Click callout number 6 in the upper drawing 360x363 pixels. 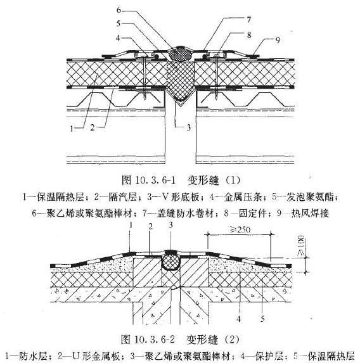coord(119,10)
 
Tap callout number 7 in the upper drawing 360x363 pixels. coord(249,20)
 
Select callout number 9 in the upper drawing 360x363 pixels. coord(278,40)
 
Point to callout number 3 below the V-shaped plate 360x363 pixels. coord(189,127)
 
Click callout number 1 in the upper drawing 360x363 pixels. coord(72,128)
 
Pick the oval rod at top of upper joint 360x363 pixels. coord(180,54)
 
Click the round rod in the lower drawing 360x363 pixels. coord(170,262)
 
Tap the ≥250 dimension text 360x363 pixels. coord(240,230)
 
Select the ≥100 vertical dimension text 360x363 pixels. coord(300,246)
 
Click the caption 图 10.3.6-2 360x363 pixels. coord(148,340)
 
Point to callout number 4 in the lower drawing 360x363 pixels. coord(239,319)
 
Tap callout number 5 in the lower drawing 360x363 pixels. coord(262,319)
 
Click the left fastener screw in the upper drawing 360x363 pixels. coord(145,77)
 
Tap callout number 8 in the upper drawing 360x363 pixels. coord(249,35)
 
